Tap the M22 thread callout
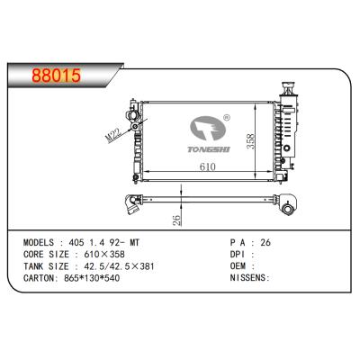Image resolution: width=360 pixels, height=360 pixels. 112,134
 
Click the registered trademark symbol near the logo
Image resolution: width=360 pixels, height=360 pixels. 226,117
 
